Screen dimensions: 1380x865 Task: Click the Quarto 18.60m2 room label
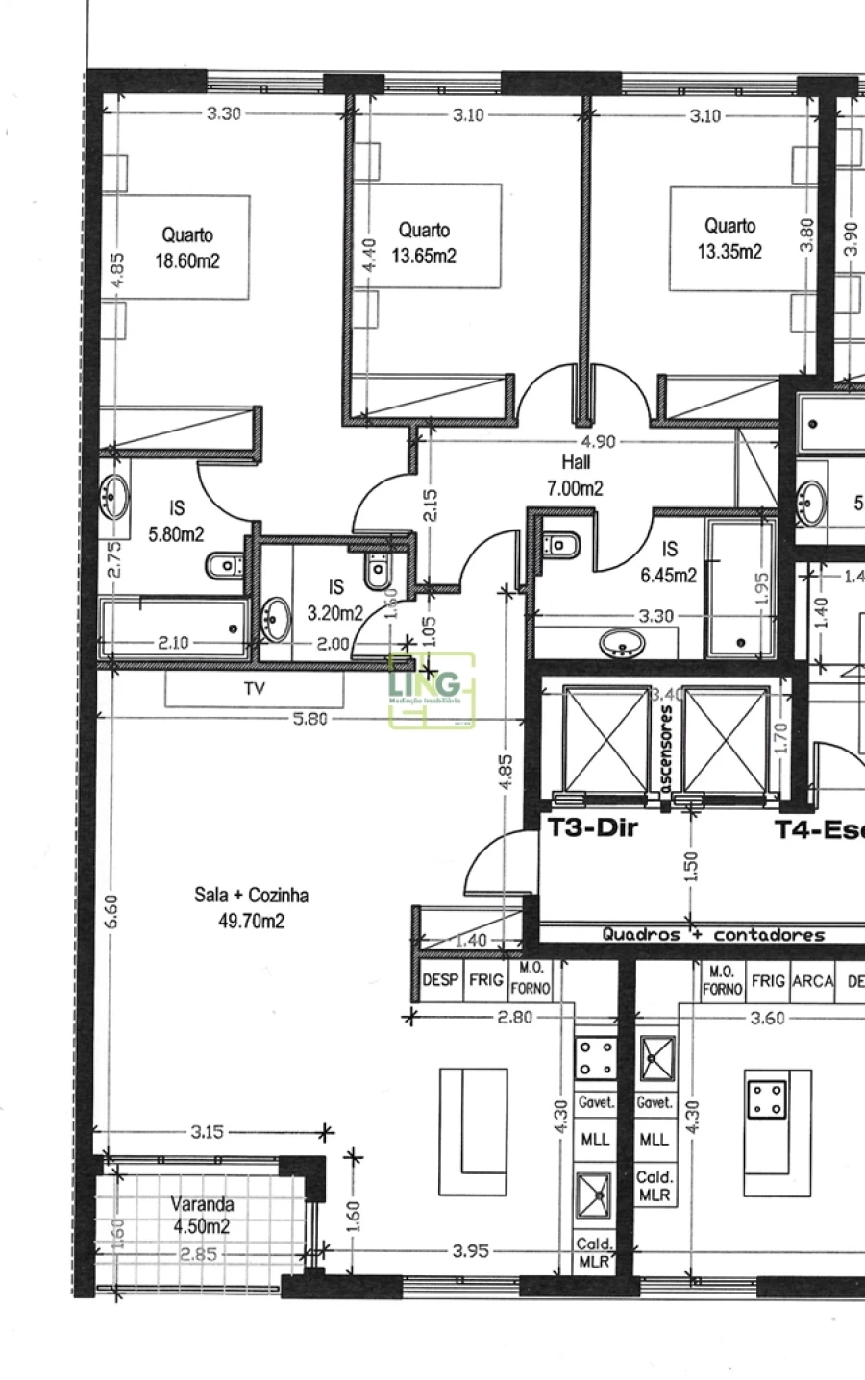point(187,247)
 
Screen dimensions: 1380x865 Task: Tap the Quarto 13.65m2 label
point(424,242)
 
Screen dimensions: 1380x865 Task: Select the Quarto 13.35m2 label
point(729,238)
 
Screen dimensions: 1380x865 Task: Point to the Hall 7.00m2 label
point(575,475)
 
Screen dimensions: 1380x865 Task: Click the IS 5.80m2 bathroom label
point(176,521)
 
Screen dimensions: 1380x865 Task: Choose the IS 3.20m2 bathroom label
point(334,599)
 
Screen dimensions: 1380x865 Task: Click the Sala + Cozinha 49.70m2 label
point(251,908)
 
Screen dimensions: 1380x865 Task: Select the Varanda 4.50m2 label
point(201,1215)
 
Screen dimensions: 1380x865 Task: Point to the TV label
point(254,688)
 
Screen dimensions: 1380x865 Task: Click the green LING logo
point(431,689)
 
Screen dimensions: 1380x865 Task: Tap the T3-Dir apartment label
point(591,827)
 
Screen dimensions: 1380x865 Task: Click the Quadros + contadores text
point(713,934)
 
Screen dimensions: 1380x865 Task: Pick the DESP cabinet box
point(440,979)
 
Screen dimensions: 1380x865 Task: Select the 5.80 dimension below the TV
point(309,718)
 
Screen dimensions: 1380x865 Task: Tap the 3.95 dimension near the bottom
point(471,1250)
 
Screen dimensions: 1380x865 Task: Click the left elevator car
point(605,739)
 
